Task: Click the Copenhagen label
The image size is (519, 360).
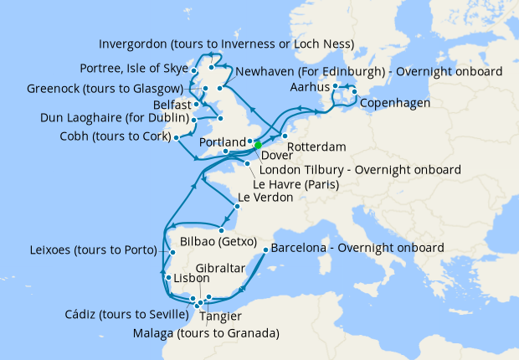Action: [x=395, y=103]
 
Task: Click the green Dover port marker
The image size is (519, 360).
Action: [x=258, y=145]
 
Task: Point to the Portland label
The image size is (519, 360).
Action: [x=222, y=141]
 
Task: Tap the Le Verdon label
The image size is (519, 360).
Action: [x=265, y=198]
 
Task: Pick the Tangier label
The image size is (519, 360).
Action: [x=222, y=316]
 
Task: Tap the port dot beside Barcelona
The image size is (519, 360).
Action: [x=265, y=249]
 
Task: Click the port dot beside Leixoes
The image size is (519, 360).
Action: [x=172, y=252]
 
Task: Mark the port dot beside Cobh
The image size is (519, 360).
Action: [x=177, y=136]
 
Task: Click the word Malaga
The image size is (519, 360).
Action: [x=153, y=333]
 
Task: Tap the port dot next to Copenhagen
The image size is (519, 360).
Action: [x=355, y=92]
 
